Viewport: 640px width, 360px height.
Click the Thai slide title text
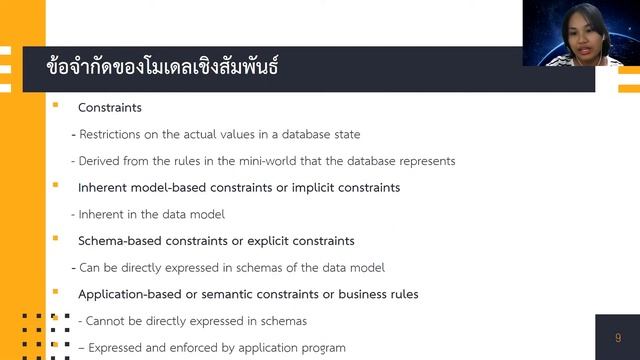(162, 68)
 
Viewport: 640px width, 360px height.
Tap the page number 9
(618, 338)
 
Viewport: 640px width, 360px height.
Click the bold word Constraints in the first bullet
(110, 107)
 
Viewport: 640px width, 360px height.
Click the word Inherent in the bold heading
(103, 187)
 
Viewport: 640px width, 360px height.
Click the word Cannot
(109, 321)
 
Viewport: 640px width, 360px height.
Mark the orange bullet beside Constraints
(56, 106)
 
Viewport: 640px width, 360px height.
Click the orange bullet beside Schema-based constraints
(56, 240)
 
